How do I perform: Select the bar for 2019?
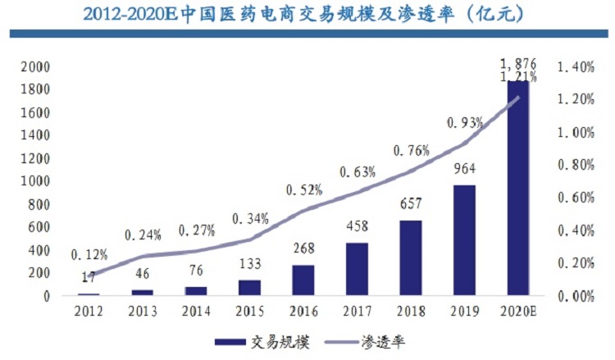coord(465,239)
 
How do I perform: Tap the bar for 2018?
coord(411,257)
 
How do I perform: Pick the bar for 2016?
coord(303,280)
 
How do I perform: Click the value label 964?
coord(465,171)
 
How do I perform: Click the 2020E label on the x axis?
coord(518,312)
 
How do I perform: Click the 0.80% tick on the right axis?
coord(575,165)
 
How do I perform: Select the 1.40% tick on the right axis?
coord(575,66)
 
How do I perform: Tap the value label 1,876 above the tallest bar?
coord(518,63)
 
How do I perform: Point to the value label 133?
coord(250,266)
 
